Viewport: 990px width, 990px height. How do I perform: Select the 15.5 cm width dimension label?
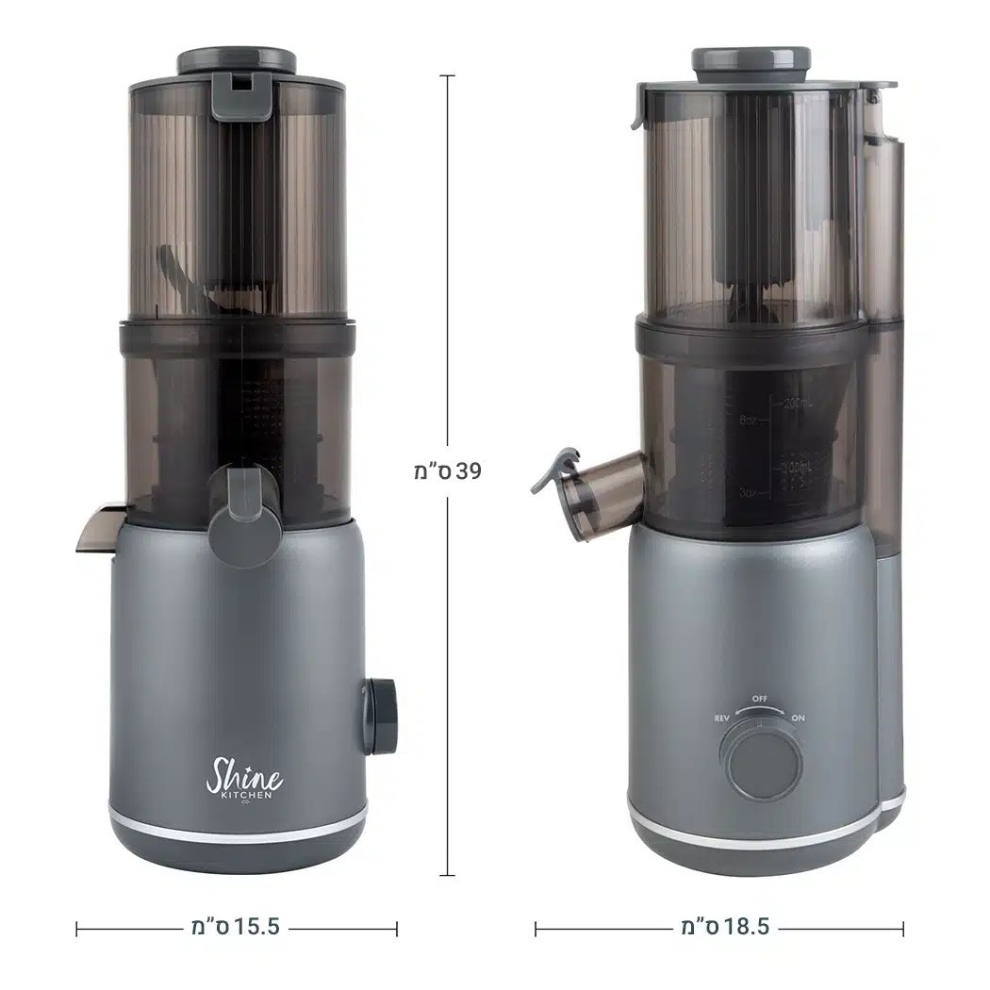(x=237, y=928)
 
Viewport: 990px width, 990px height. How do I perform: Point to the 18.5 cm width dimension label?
(x=724, y=928)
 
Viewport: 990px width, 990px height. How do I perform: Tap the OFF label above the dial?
(x=761, y=699)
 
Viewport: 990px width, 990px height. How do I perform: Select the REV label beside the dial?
(x=723, y=718)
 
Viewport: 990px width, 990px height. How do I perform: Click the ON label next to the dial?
(x=798, y=718)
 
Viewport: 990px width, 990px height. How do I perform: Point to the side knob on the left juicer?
(x=382, y=716)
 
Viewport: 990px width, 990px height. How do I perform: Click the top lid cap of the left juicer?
(x=237, y=60)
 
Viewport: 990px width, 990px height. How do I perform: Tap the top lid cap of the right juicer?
(x=751, y=59)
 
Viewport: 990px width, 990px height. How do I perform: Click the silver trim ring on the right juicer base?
(x=754, y=833)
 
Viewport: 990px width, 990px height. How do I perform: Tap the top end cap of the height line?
(x=447, y=75)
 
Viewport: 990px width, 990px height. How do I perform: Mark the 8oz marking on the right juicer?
(x=751, y=421)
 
